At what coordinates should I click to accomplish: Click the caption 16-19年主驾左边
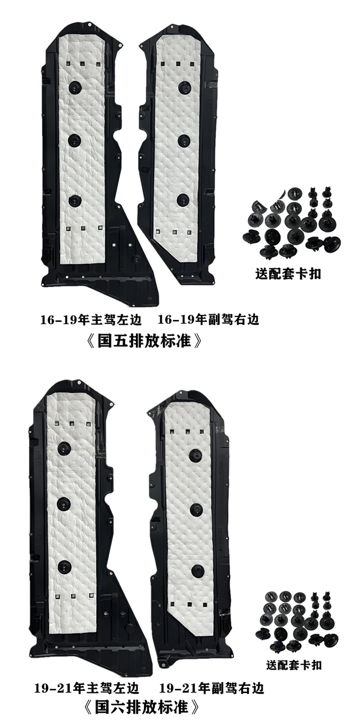[x=91, y=320]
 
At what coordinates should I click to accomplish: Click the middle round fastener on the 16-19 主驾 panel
[x=75, y=139]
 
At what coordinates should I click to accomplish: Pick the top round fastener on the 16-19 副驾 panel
[x=184, y=87]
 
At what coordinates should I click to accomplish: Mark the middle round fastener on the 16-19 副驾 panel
[x=184, y=139]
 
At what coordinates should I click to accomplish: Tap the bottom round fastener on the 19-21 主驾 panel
[x=64, y=567]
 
